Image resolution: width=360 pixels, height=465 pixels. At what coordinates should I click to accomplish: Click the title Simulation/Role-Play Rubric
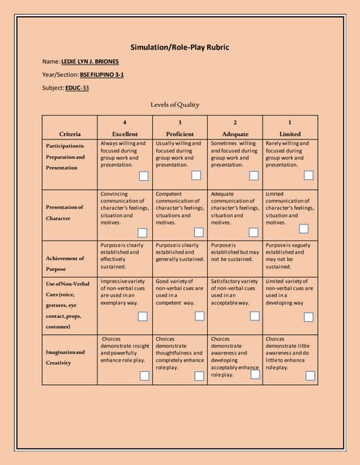tap(180, 48)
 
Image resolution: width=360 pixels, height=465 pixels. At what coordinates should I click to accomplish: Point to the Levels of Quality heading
tap(175, 105)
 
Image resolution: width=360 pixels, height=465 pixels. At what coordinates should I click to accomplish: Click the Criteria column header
tap(70, 134)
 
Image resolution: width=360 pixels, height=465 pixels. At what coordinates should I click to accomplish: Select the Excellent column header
tap(125, 134)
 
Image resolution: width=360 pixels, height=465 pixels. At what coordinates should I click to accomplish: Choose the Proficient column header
tap(180, 134)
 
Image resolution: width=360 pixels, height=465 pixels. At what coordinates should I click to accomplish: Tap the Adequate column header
tap(235, 134)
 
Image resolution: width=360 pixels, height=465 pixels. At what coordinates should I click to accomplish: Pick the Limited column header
tap(289, 134)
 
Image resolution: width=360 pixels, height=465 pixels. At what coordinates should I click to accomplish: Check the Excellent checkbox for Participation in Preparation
tap(143, 176)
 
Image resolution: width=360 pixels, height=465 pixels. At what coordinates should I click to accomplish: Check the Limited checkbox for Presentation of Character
tap(310, 232)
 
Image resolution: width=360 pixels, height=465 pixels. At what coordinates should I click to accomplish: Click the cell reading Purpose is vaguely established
tap(289, 256)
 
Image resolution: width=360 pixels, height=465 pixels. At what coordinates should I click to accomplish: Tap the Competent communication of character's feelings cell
tap(180, 208)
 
